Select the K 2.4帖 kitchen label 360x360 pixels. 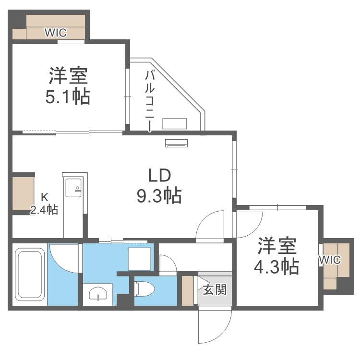point(44,204)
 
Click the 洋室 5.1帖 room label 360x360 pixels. point(68,86)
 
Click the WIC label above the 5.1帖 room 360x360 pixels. point(56,33)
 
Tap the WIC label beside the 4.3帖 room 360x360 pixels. point(330,260)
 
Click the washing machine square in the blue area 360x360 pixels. point(140,259)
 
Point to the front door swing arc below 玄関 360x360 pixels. point(214,326)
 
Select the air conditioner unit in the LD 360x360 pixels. point(177,143)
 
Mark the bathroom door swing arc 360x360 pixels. point(65,259)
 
